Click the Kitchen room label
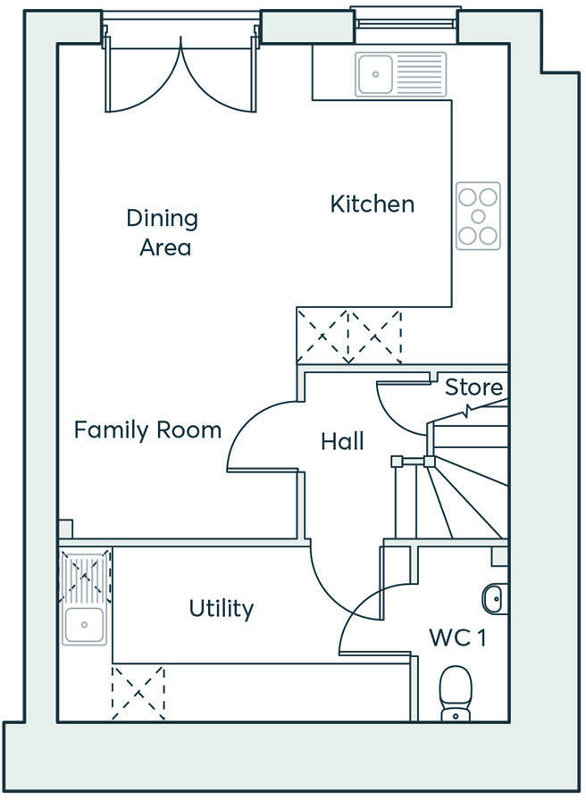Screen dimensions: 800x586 (x=373, y=204)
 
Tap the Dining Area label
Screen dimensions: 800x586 (x=163, y=232)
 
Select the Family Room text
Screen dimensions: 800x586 (x=147, y=430)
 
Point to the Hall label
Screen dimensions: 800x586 (x=342, y=441)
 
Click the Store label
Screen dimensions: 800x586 (x=473, y=387)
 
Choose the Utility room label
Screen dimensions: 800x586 (x=222, y=609)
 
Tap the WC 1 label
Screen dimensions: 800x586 (x=457, y=637)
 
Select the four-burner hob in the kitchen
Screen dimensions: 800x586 (x=478, y=216)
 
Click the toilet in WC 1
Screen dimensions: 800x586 (x=455, y=693)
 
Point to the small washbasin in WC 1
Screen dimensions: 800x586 (x=494, y=597)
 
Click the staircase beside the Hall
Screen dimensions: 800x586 (x=465, y=482)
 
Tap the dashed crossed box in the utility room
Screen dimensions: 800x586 (x=138, y=692)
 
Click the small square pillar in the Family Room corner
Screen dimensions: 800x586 (x=65, y=529)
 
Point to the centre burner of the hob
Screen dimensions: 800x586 (x=478, y=216)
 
